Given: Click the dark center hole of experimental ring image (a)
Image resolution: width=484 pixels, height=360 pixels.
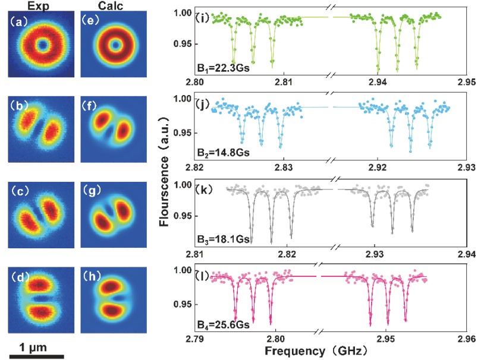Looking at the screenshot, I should click(42, 45).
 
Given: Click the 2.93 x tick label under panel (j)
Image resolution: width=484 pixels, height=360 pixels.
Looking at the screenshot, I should click(466, 168).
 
